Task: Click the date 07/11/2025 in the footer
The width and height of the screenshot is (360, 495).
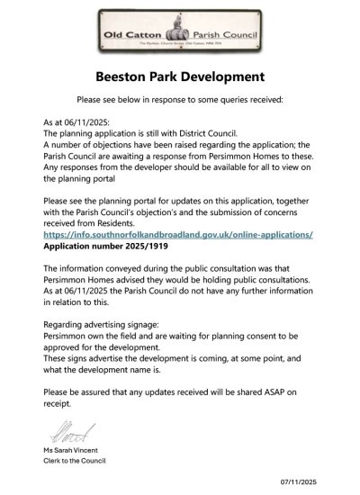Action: click(325, 484)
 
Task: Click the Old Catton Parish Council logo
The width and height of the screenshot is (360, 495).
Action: click(180, 32)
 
